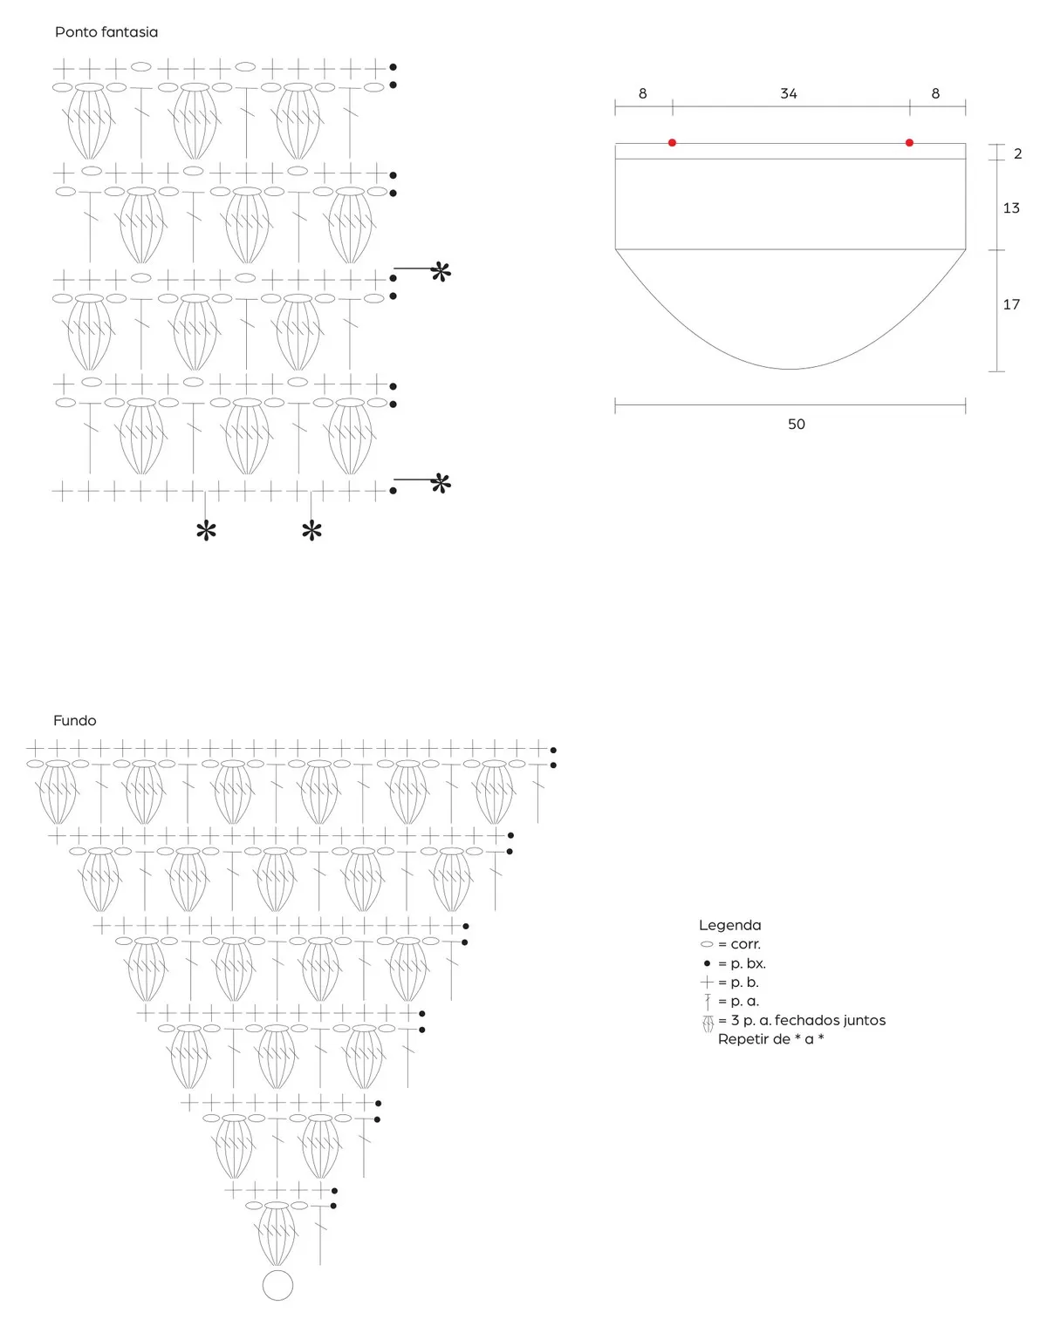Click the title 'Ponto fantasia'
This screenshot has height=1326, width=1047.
click(106, 32)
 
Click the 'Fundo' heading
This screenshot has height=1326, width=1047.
click(75, 720)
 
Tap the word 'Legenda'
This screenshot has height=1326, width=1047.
click(730, 925)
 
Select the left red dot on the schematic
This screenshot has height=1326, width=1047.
click(672, 143)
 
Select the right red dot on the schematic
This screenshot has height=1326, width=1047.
click(909, 143)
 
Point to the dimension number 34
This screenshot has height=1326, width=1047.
click(789, 93)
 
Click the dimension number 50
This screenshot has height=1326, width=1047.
click(796, 424)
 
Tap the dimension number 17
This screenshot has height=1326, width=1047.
click(1011, 304)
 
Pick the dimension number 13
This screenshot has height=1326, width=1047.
click(1011, 208)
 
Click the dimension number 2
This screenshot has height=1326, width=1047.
click(1018, 153)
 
